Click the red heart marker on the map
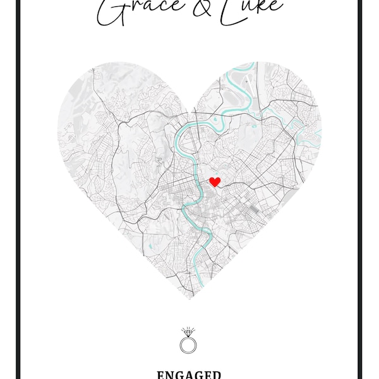pyautogui.click(x=215, y=182)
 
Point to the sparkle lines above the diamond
pyautogui.click(x=188, y=328)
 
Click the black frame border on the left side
pyautogui.click(x=17, y=189)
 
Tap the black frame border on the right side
pyautogui.click(x=361, y=189)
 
